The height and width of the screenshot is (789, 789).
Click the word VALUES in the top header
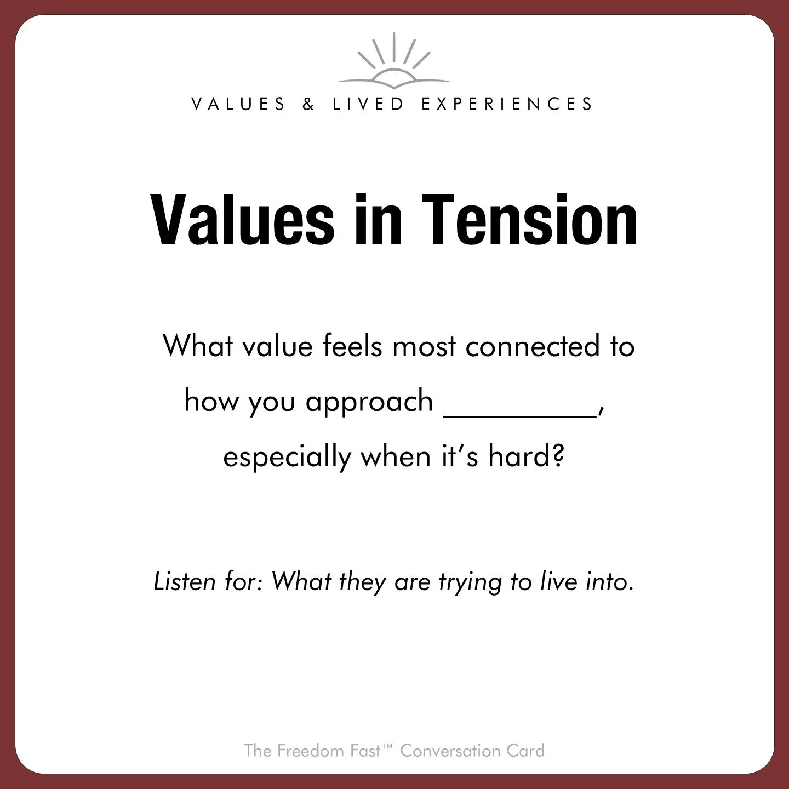pos(238,104)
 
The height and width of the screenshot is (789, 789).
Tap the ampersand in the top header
pos(308,104)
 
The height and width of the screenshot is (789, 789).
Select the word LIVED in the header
pos(368,104)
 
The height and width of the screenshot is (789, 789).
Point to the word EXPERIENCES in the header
pos(507,104)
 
